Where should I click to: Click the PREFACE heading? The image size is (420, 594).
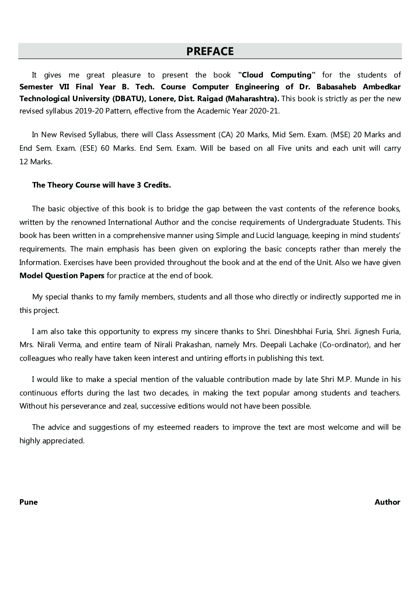[x=210, y=51]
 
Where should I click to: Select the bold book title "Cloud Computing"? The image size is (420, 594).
[x=277, y=75]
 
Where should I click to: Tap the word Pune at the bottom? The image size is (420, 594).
[x=28, y=502]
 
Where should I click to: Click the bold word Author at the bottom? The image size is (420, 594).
[x=387, y=502]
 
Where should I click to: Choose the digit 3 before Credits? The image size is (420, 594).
[x=139, y=185]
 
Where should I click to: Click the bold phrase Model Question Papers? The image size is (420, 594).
[x=62, y=276]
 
